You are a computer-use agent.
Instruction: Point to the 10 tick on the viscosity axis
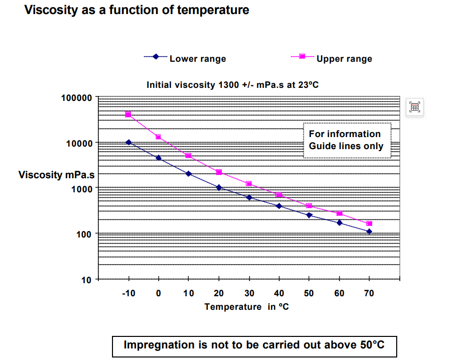86,280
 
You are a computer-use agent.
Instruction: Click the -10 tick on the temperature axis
129,293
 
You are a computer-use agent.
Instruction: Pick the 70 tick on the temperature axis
369,293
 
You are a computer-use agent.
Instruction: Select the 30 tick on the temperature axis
249,293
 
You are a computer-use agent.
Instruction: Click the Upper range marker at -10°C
129,114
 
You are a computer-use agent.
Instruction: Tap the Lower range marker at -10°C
129,143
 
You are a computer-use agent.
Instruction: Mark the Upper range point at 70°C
370,223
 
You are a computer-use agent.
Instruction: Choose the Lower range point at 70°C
370,231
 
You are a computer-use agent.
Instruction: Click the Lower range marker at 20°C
219,187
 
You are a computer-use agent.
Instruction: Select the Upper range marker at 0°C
159,137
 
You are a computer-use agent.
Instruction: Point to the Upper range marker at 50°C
309,206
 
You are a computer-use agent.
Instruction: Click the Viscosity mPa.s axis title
56,175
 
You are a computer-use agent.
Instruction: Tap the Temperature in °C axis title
247,307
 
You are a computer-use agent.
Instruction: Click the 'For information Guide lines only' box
346,140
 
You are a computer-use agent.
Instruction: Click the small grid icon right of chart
415,106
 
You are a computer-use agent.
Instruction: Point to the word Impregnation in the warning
160,345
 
